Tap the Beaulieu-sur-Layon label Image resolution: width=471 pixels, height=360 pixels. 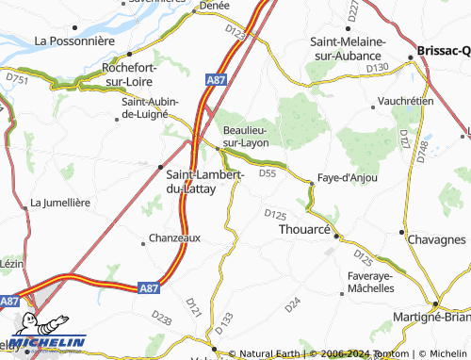coord(244,137)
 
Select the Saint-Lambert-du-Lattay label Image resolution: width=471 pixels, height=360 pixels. coord(204,182)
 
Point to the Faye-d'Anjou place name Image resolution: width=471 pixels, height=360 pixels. coord(348,177)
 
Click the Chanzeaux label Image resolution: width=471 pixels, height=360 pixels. coord(176,238)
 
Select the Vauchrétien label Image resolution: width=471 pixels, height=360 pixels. coord(401,99)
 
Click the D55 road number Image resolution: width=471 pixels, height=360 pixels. coord(267,172)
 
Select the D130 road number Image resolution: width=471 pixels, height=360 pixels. coord(377,67)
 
